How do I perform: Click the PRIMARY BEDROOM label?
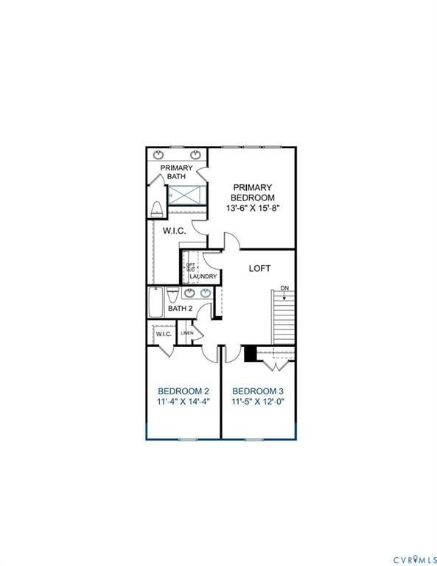click(252, 192)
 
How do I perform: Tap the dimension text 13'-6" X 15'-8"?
click(252, 209)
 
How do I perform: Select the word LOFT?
click(260, 268)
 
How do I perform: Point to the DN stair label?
click(284, 288)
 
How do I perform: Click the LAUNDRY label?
click(203, 277)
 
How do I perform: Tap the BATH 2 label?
click(179, 308)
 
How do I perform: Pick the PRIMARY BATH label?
click(177, 172)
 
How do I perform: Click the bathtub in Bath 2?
click(157, 303)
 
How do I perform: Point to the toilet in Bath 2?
click(172, 295)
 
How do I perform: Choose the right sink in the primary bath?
click(196, 155)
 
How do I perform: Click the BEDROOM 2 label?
click(183, 391)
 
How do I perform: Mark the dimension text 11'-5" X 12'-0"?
click(257, 402)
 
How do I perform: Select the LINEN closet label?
click(187, 334)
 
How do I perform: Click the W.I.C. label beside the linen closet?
click(163, 334)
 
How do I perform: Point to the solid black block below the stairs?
click(250, 354)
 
